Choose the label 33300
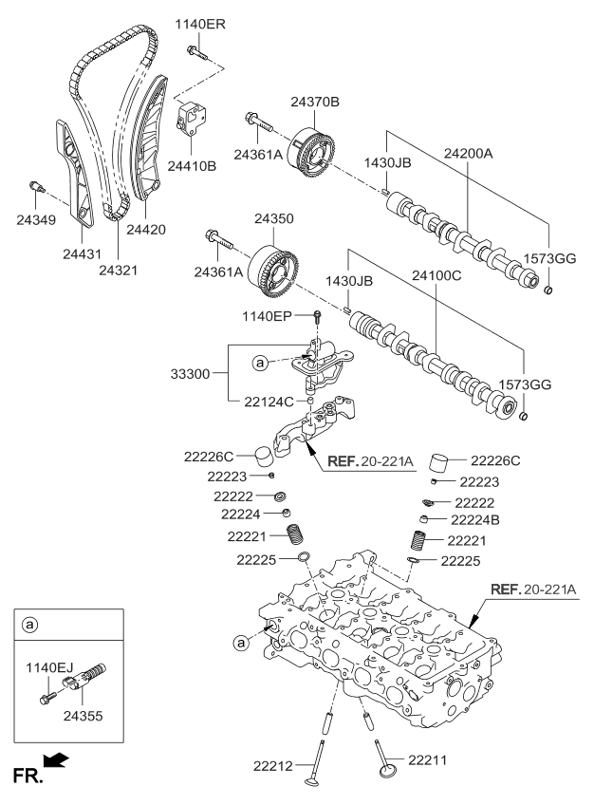(200, 376)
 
